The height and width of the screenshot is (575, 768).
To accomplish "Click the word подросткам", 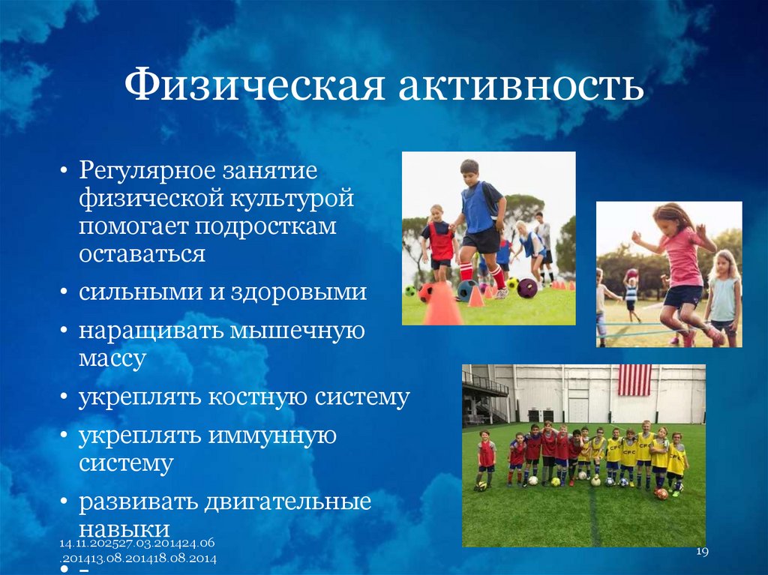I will tap(265, 226).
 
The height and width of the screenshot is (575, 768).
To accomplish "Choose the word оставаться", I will tap(142, 253).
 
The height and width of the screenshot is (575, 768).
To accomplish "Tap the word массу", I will tap(112, 358).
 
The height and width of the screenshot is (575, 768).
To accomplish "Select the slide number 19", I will tap(702, 552).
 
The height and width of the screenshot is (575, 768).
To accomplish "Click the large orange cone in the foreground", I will tap(442, 304).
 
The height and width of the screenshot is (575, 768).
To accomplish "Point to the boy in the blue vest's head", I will tap(469, 169).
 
